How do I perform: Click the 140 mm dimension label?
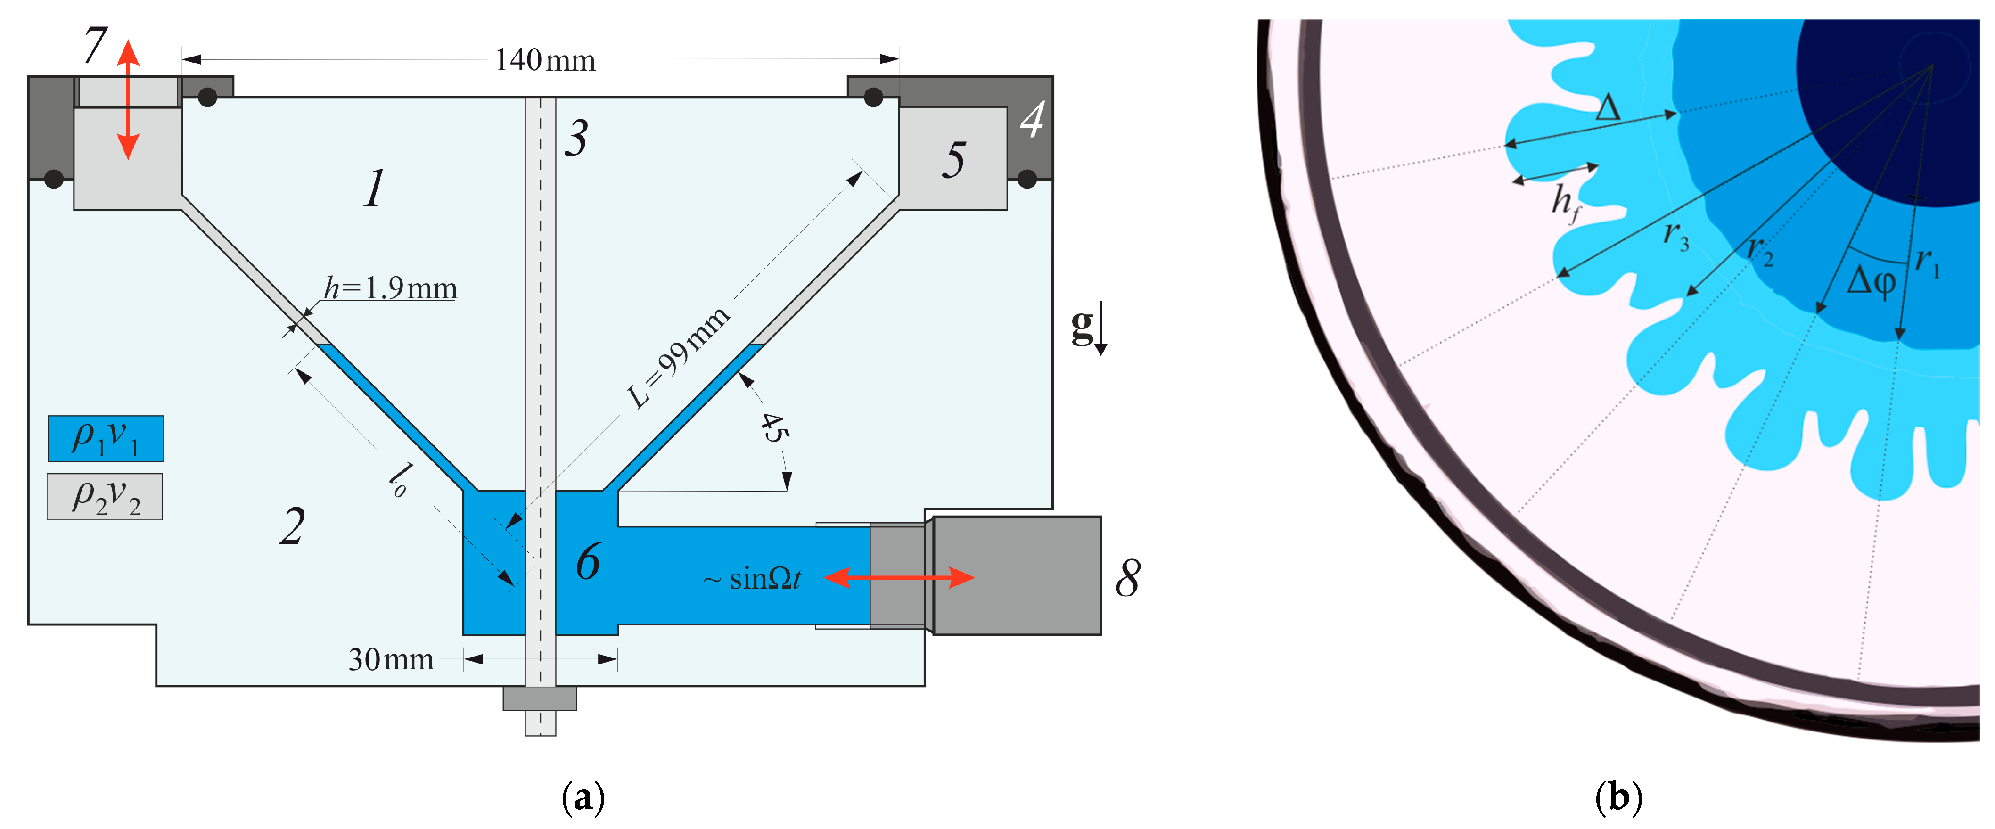(x=545, y=60)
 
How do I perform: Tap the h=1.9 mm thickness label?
(x=390, y=288)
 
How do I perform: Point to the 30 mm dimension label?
(x=391, y=659)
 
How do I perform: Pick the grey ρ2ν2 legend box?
(x=105, y=497)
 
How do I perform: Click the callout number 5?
(x=954, y=160)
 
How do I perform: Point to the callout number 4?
(x=1032, y=120)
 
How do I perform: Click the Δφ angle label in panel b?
(x=1871, y=280)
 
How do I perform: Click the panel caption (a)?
(x=583, y=798)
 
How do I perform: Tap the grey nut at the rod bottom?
(x=540, y=698)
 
